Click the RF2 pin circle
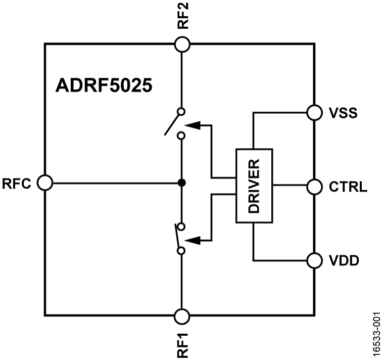pyautogui.click(x=182, y=44)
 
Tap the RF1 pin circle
pyautogui.click(x=182, y=317)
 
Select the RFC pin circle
pyautogui.click(x=45, y=183)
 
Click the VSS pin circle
pyautogui.click(x=314, y=112)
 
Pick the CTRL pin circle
pyautogui.click(x=314, y=186)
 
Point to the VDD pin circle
pyautogui.click(x=314, y=260)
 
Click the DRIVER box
pyautogui.click(x=254, y=186)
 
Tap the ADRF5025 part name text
pyautogui.click(x=103, y=85)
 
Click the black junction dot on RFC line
pyautogui.click(x=182, y=183)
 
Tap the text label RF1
pyautogui.click(x=182, y=344)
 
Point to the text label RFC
pyautogui.click(x=18, y=183)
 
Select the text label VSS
pyautogui.click(x=343, y=113)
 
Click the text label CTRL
pyautogui.click(x=348, y=187)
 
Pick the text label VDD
pyautogui.click(x=344, y=261)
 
